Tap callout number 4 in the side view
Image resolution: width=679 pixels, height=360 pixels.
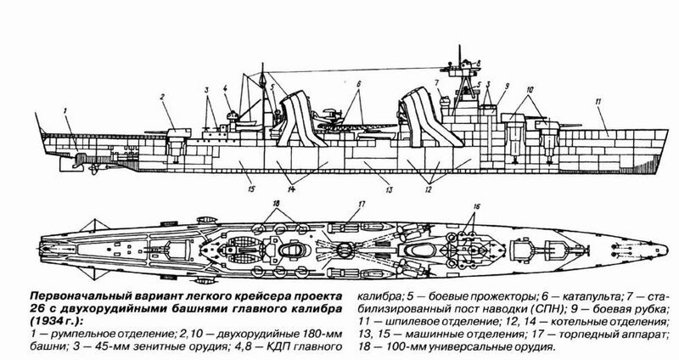[x=227, y=87]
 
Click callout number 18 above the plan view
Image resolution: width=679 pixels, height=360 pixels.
[x=277, y=204]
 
